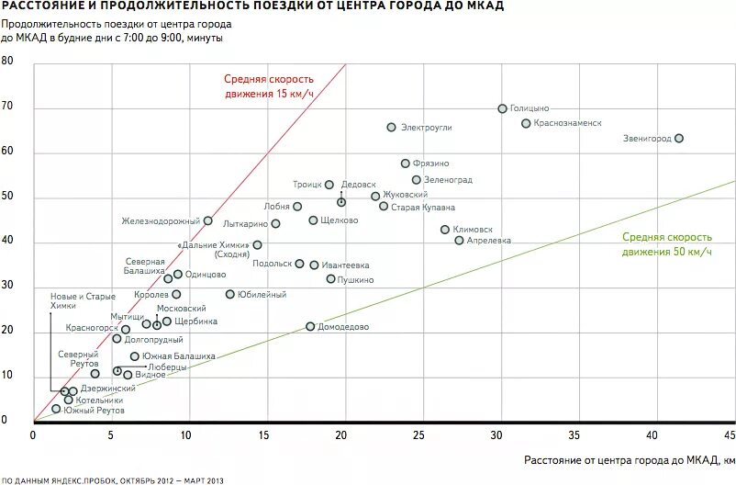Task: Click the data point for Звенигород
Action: (x=679, y=139)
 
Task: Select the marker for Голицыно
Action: (x=502, y=108)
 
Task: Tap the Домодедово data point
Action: (x=310, y=326)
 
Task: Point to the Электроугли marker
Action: (x=391, y=128)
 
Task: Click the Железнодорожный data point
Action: (x=207, y=220)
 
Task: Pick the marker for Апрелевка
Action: (x=460, y=241)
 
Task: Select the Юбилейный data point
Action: (x=230, y=294)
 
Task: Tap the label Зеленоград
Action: (x=449, y=180)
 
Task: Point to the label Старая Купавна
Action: (x=423, y=207)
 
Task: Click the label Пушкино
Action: (x=355, y=279)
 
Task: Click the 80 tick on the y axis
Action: (x=7, y=62)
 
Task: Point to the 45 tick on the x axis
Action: (x=730, y=432)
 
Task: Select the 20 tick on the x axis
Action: (x=341, y=432)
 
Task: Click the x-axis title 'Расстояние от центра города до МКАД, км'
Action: (x=630, y=458)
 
